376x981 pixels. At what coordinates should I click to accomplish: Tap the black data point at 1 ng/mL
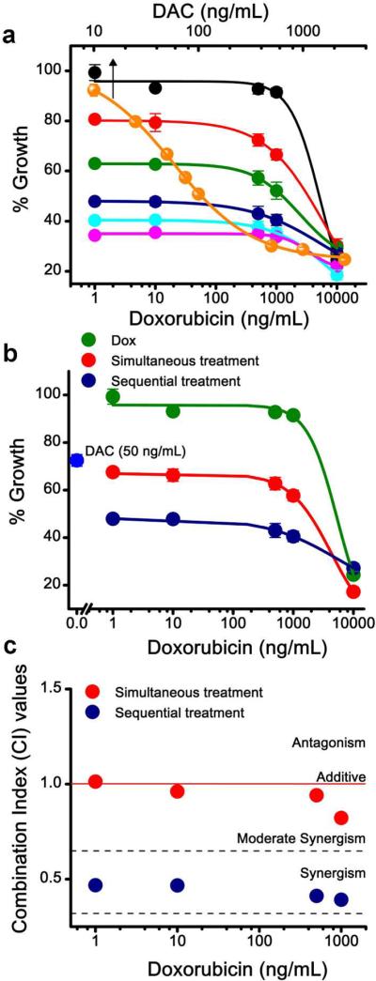click(x=94, y=72)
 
